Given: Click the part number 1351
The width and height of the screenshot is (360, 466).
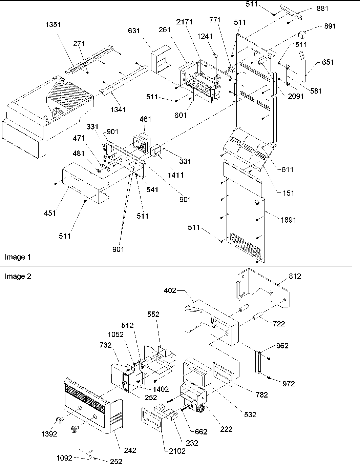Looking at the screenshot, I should click(x=53, y=24).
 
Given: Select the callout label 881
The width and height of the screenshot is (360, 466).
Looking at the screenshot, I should click(x=322, y=8).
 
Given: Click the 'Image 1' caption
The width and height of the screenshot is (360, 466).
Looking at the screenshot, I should click(x=18, y=257).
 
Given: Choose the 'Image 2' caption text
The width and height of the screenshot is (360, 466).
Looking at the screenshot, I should click(x=18, y=277).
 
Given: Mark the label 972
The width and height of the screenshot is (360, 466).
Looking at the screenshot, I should click(x=288, y=384).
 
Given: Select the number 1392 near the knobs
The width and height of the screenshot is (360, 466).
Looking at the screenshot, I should click(x=49, y=434).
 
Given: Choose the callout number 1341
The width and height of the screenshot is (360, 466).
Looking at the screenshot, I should click(x=118, y=109).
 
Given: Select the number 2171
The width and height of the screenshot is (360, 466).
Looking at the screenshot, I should click(x=184, y=22).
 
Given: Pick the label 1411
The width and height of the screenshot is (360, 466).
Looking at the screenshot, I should click(x=176, y=175).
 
